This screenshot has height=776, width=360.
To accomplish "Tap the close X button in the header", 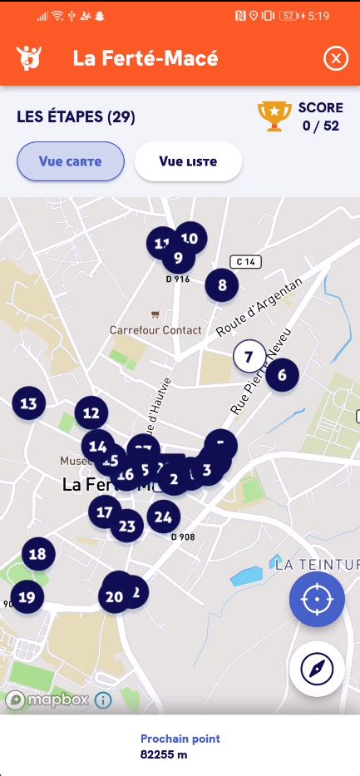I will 336,58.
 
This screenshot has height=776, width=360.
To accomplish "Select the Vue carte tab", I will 71,161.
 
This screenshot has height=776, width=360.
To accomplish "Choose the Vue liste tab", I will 188,161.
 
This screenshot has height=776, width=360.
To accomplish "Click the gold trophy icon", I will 275,116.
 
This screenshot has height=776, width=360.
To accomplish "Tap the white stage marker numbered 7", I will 249,357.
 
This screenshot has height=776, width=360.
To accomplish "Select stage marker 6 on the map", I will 282,375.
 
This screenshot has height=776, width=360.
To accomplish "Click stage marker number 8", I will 222,286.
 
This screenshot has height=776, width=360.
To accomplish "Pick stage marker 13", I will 28,404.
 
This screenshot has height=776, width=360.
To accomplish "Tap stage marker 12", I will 91,413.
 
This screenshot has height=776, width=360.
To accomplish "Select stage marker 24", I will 163,517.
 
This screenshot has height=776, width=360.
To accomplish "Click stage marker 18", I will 37,554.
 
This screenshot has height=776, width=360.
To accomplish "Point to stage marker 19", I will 27,596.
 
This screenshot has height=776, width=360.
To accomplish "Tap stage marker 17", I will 104,512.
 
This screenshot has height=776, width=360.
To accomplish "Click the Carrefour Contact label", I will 155,329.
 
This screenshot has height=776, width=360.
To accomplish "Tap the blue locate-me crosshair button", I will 317,599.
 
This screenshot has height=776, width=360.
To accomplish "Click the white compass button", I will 317,669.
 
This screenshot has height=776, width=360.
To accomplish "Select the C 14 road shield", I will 246,262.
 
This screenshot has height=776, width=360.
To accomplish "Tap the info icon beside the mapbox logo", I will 103,700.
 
